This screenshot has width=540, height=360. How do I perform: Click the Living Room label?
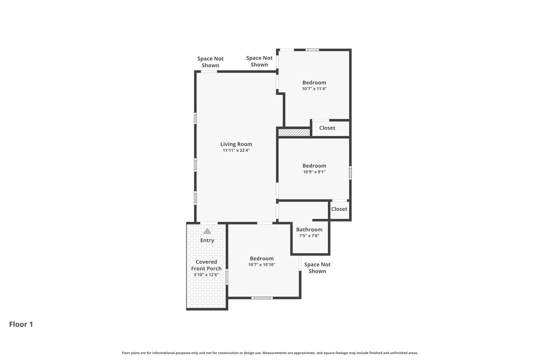tap(236, 144)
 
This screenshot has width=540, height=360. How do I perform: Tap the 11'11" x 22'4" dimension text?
tap(236, 150)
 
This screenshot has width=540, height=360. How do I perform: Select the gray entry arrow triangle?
tap(207, 231)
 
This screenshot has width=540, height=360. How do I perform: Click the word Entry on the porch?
tap(207, 240)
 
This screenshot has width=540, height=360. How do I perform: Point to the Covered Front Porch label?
tap(206, 265)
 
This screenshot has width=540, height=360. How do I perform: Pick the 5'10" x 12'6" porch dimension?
tap(206, 275)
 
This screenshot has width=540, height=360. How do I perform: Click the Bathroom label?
tap(309, 230)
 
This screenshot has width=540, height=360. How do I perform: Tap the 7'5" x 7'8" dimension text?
tap(309, 236)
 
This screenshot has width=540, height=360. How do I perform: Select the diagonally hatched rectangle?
tap(294, 132)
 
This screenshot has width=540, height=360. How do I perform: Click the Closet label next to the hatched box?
tap(327, 128)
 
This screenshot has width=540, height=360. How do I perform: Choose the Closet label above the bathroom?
tap(339, 209)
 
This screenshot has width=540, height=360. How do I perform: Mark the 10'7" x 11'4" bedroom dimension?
tap(314, 89)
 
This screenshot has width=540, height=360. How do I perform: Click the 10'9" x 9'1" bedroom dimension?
tap(314, 172)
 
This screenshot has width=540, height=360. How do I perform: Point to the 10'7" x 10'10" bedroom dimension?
tap(262, 265)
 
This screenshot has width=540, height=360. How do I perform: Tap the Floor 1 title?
tap(21, 324)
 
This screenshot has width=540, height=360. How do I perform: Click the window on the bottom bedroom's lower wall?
tap(262, 298)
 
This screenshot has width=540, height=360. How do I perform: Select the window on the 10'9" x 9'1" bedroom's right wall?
tap(350, 173)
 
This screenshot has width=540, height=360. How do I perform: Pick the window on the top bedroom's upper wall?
tap(312, 50)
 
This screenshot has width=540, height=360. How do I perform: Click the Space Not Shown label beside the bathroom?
tap(317, 268)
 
